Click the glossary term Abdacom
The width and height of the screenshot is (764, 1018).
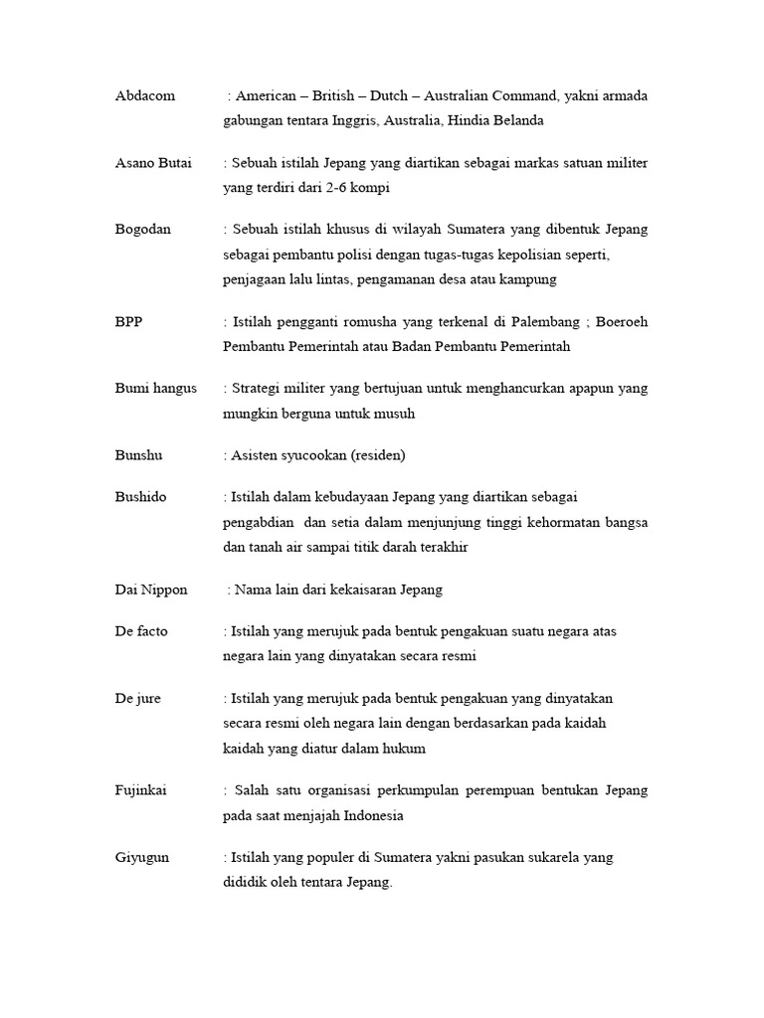coord(144,95)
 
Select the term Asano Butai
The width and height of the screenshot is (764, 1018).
coord(153,162)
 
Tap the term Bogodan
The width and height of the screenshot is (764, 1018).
coord(142,229)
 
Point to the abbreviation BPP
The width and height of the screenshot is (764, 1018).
coord(128,322)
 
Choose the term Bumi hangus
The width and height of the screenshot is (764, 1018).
coord(155,389)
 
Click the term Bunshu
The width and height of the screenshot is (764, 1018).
coord(138,455)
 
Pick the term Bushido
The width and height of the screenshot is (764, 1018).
coord(141,496)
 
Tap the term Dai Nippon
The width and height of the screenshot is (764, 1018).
coord(150,590)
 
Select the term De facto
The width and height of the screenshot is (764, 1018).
coord(142,630)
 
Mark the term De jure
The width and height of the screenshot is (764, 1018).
coord(137,698)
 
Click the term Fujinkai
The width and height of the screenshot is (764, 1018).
coord(142,790)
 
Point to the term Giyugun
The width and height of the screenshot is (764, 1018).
coord(141,857)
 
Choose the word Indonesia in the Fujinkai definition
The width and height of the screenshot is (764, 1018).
coord(373,815)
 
